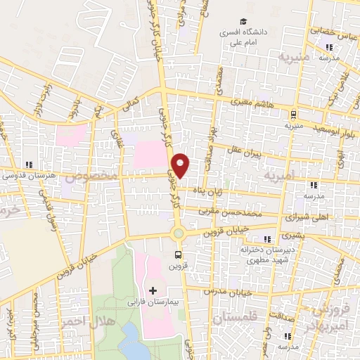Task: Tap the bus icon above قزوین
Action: pyautogui.click(x=179, y=255)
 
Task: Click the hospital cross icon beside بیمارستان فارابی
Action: pyautogui.click(x=153, y=290)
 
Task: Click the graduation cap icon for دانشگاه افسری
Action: pyautogui.click(x=243, y=22)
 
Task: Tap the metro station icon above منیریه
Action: pyautogui.click(x=293, y=115)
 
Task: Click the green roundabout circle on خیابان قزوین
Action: pyautogui.click(x=179, y=233)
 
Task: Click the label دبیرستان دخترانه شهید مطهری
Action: pyautogui.click(x=265, y=254)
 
